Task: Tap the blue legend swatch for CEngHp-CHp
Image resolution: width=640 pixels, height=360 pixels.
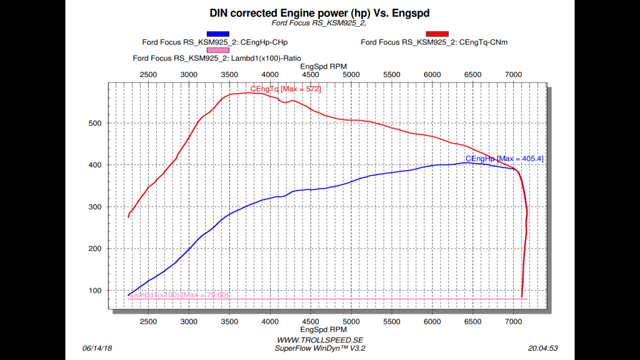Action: pos(218,34)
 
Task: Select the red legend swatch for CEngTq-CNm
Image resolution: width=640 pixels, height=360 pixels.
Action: pos(437,34)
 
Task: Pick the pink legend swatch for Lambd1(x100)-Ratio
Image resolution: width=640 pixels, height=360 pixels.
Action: pos(218,50)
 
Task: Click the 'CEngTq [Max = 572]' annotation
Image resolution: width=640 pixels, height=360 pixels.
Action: pos(286,89)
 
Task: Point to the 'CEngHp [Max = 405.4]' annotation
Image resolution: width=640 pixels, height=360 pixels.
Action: pos(504,159)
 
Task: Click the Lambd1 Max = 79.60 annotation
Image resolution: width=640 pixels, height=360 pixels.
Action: pos(178,295)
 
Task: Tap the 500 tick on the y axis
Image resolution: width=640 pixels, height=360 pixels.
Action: pos(94,123)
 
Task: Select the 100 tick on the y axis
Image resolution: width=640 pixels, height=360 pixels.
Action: pos(94,291)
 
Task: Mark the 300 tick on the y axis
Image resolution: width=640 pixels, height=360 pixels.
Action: pos(94,207)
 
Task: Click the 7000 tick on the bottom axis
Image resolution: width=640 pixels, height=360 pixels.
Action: pos(513,321)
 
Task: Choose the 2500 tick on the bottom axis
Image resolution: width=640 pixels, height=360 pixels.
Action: pos(148,321)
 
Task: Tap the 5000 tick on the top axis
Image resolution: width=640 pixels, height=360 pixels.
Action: pos(351,75)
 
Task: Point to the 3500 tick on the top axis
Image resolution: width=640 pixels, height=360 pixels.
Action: pos(229,75)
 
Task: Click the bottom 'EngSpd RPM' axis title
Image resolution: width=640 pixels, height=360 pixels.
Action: pos(323,329)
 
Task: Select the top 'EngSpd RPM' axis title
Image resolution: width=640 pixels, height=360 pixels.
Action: pos(323,66)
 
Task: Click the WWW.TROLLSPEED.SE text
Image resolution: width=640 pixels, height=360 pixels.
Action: pos(320,340)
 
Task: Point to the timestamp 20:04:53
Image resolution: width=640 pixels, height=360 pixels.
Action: pos(542,348)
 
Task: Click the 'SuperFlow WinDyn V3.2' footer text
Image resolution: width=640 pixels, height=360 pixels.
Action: pos(320,348)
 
